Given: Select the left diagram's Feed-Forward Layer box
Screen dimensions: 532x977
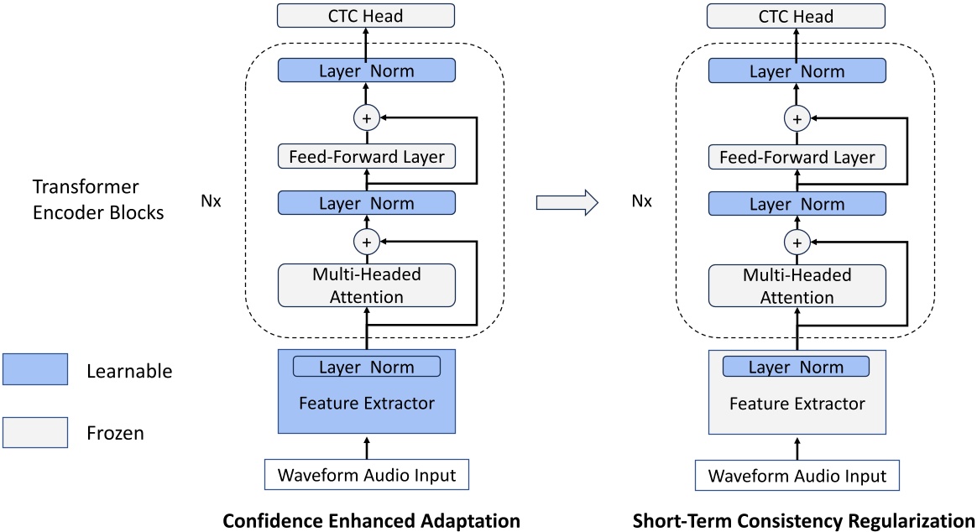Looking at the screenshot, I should tap(365, 156).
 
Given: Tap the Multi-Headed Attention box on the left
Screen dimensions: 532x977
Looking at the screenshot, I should tap(365, 285).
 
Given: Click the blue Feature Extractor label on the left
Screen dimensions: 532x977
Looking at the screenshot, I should tap(366, 404).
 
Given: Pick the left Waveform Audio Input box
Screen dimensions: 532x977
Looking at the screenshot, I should tap(365, 475).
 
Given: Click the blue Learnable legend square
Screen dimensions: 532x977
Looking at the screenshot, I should tap(34, 369).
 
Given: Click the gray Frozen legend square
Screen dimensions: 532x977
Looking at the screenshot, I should tap(34, 433).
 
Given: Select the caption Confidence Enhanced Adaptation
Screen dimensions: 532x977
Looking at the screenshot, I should tap(371, 520).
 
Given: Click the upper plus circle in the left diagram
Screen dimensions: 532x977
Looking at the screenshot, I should tap(365, 118).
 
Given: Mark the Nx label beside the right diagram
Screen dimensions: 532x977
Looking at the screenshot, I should tap(641, 201).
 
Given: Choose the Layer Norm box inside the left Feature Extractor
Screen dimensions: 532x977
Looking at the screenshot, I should tap(366, 367).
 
